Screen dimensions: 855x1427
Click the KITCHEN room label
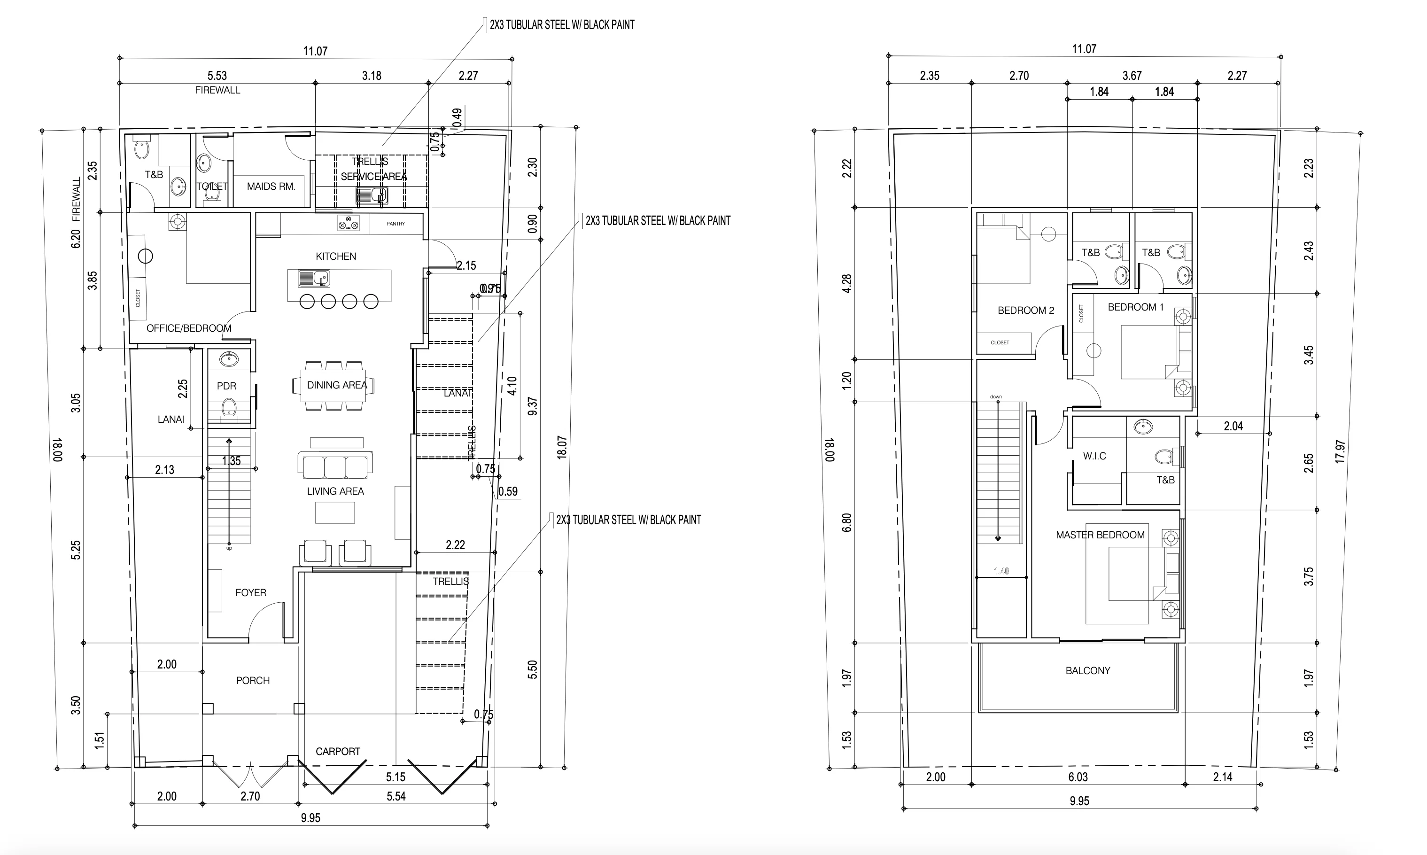(336, 256)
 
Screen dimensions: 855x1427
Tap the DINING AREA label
(336, 385)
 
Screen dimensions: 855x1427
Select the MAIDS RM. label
(271, 186)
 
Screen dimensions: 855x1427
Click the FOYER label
(251, 592)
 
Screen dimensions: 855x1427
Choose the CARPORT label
(338, 751)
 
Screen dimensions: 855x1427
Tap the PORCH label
(252, 680)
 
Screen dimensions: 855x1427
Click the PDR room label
(226, 386)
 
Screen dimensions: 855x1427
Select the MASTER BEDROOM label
(1100, 535)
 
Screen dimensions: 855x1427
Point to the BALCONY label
(1088, 671)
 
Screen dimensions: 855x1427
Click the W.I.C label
(1094, 456)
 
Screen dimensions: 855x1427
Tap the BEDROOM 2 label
(1025, 311)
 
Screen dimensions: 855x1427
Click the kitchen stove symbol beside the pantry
(348, 223)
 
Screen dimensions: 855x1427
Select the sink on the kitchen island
(313, 280)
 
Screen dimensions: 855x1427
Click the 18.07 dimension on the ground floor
(562, 446)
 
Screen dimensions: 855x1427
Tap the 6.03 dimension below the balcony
(1078, 777)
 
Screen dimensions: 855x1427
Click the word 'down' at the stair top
(995, 396)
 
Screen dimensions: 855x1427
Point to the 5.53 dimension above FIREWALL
(217, 76)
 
